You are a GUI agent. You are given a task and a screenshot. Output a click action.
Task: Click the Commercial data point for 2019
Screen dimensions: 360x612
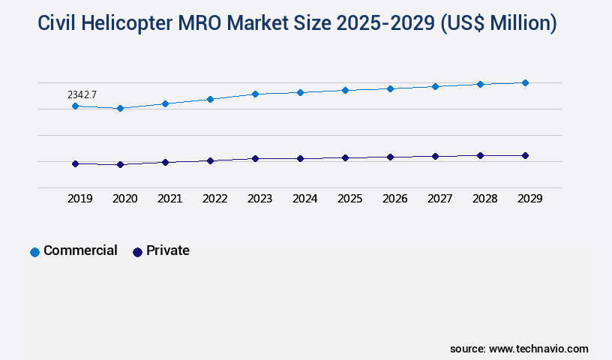75,106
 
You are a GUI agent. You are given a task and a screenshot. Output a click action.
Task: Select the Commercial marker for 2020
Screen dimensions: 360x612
120,109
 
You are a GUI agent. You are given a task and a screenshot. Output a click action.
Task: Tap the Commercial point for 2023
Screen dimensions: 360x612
255,94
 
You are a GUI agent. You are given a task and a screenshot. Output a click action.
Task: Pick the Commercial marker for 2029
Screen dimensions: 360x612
525,82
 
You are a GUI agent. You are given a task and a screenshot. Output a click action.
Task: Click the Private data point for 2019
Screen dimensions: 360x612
75,163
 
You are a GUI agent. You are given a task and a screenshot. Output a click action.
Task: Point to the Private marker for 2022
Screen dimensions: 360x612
210,160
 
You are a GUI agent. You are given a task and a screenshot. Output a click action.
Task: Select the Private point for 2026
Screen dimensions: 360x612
390,157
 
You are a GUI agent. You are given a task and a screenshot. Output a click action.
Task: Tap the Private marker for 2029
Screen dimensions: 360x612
525,155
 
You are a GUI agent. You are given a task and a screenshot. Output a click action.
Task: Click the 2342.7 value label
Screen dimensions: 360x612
82,94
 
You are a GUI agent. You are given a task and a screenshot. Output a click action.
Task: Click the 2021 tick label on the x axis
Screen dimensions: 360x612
169,199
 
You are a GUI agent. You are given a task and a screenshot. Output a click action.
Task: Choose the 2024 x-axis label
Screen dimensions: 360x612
304,199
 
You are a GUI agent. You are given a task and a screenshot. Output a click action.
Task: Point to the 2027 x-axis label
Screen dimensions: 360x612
439,199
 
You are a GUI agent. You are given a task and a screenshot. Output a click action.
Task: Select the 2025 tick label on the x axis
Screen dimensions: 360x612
349,199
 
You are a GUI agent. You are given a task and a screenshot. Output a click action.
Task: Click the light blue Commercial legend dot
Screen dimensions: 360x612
34,252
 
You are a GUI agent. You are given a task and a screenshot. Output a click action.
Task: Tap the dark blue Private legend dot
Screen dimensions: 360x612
137,252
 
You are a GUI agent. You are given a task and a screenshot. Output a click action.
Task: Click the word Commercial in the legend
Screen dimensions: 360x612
80,250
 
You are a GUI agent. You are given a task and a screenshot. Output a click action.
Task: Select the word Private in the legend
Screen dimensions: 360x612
168,250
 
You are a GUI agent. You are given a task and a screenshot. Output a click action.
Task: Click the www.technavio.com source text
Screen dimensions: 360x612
538,349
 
